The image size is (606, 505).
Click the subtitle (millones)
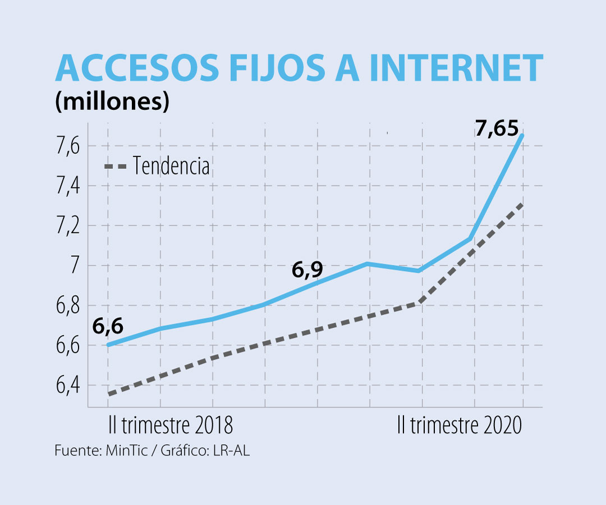pos(112,102)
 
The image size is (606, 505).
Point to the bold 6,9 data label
pos(307,270)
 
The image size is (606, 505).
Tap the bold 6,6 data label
pos(108,325)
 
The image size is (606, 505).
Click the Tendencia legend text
pos(172,166)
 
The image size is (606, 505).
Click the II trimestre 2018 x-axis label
pos(170,425)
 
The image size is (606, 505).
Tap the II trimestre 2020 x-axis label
pos(459,425)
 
